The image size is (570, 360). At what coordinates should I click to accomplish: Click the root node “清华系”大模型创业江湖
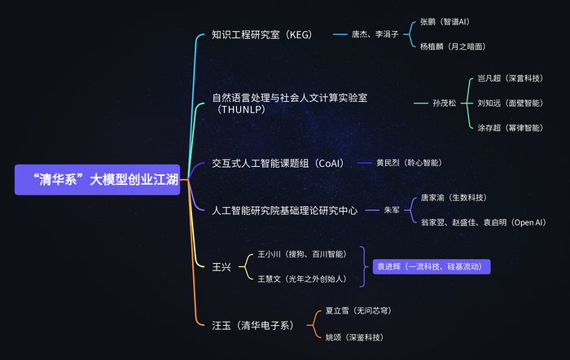click(x=97, y=180)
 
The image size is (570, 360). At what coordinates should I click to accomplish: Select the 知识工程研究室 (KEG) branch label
click(x=261, y=34)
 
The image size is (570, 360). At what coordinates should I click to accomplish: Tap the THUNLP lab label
click(x=290, y=103)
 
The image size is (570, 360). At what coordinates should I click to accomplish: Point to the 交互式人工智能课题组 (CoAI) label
click(x=278, y=163)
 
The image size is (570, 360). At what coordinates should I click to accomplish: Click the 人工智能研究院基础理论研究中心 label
click(x=285, y=211)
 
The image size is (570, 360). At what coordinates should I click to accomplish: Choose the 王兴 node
click(x=221, y=267)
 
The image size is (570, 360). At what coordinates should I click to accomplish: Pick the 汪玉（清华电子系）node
click(x=253, y=325)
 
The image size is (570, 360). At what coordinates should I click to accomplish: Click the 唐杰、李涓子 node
click(x=375, y=34)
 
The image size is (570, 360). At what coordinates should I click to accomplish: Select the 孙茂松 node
click(x=445, y=103)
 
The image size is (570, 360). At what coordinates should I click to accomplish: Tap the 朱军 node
click(x=392, y=210)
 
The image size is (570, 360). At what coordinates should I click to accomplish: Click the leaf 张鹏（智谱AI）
click(x=445, y=22)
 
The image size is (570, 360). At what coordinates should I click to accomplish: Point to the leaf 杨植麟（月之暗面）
click(x=453, y=46)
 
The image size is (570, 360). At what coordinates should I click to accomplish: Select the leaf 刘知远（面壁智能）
click(x=511, y=103)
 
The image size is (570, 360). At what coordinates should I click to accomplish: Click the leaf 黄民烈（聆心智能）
click(x=409, y=163)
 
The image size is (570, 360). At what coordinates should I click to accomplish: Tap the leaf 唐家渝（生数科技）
click(x=454, y=198)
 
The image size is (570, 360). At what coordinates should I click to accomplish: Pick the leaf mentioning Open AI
click(x=484, y=222)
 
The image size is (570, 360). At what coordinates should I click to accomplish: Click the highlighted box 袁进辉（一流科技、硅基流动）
click(x=432, y=266)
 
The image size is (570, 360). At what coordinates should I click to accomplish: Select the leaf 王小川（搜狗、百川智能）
click(x=302, y=254)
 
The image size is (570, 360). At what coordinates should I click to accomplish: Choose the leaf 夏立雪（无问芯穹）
click(x=358, y=311)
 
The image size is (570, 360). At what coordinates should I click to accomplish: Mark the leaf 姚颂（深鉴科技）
click(x=354, y=337)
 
